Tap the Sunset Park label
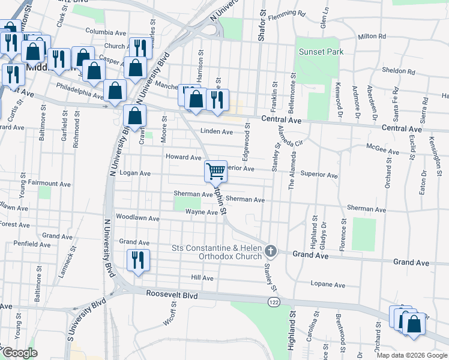pyautogui.click(x=321, y=52)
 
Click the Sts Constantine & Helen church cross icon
pyautogui.click(x=271, y=250)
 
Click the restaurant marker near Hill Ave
pyautogui.click(x=138, y=260)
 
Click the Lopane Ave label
pyautogui.click(x=328, y=284)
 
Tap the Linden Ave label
pyautogui.click(x=216, y=131)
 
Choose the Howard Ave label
pyautogui.click(x=183, y=157)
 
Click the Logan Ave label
pyautogui.click(x=134, y=173)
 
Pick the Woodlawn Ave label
pyautogui.click(x=137, y=217)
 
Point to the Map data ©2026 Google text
pyautogui.click(x=411, y=355)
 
